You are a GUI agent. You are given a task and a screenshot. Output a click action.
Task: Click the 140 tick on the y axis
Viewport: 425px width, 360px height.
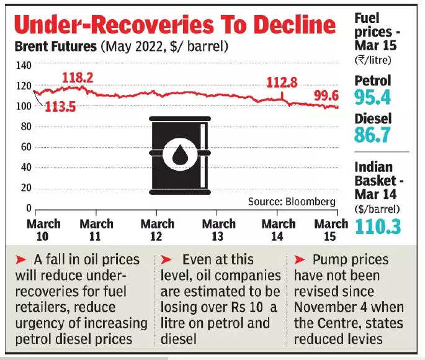[x=23, y=65]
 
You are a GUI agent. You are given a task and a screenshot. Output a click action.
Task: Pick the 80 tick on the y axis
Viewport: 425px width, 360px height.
[x=25, y=127]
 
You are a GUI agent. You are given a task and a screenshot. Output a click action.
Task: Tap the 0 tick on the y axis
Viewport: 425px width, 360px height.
[x=28, y=209]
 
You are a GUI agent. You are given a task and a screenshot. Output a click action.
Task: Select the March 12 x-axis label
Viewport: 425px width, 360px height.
[x=157, y=230]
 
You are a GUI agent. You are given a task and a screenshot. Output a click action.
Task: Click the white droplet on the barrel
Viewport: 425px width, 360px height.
[x=181, y=155]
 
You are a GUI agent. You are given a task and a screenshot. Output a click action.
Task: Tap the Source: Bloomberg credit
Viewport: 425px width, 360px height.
[x=292, y=202]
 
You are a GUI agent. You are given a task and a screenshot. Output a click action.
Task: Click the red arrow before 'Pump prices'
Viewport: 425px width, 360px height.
[x=298, y=258]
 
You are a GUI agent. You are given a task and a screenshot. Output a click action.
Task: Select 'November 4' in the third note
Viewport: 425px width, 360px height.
[x=329, y=307]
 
